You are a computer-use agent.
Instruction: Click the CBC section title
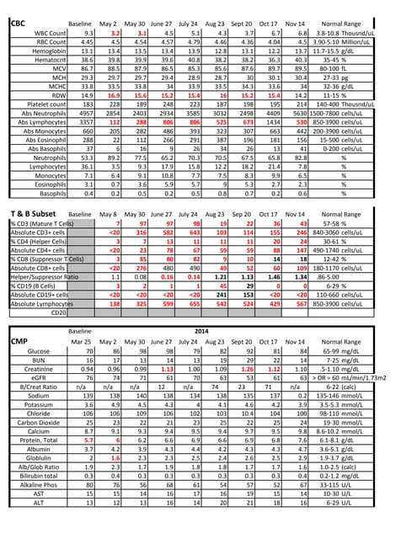(x=18, y=24)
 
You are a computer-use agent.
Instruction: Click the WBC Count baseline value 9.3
(x=82, y=32)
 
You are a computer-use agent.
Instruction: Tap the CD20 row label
(x=59, y=336)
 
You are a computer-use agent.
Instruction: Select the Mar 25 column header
(x=81, y=366)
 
